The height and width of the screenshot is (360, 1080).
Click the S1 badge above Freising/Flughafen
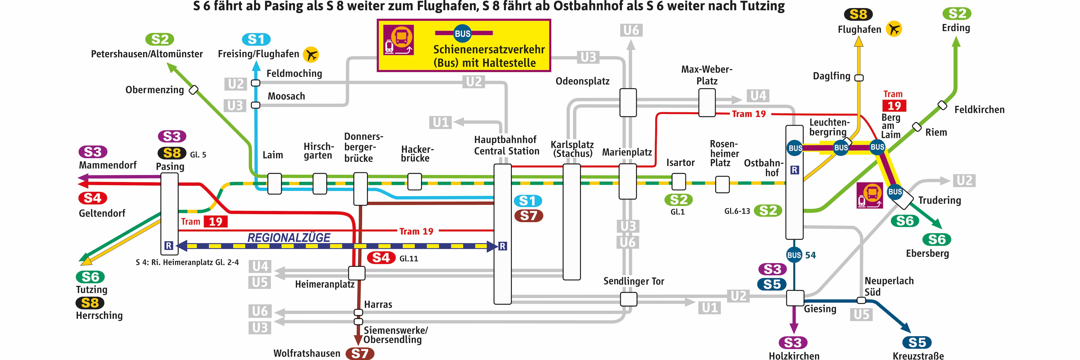click(x=256, y=39)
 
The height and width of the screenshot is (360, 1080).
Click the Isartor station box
click(x=679, y=181)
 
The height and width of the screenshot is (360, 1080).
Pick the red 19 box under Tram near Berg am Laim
click(x=894, y=106)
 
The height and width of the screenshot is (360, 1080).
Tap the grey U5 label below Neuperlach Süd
click(x=862, y=314)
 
